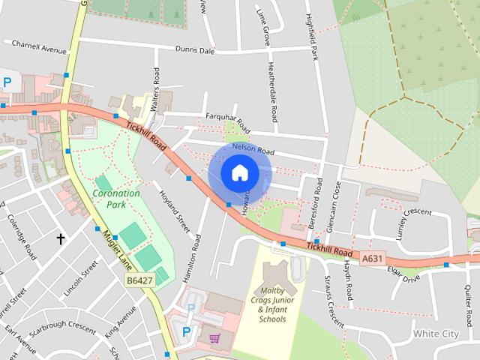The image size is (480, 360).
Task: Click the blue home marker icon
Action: pos(239,173)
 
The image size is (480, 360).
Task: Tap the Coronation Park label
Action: pos(116,198)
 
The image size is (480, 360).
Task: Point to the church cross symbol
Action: pos(61,239)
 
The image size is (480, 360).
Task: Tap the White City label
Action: pos(436,333)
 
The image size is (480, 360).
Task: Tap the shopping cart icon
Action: pos(215,338)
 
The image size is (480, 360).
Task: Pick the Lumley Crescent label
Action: pos(418,222)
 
